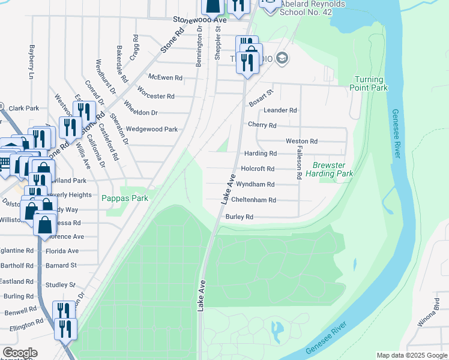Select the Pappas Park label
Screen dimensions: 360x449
point(124,198)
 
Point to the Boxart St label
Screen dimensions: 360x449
point(261,98)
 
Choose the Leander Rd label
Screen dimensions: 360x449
point(280,110)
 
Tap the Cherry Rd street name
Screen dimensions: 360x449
point(262,125)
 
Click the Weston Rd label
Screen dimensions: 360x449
point(301,141)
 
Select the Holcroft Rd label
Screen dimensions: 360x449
point(257,169)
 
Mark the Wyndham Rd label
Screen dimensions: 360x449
point(255,184)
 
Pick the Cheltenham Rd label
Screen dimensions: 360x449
point(253,200)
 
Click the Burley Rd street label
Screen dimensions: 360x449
point(239,217)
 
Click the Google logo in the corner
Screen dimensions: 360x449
point(20,353)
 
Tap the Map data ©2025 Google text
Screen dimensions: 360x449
point(411,355)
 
